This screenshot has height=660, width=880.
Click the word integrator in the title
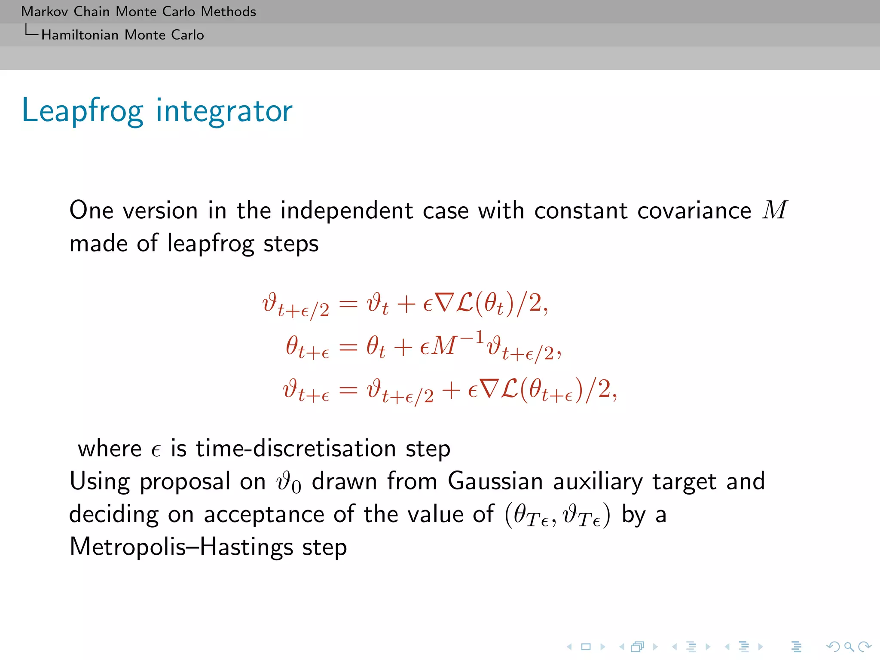224,111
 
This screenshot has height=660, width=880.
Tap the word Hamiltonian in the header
80,35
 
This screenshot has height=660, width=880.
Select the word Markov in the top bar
44,12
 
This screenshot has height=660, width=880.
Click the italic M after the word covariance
775,210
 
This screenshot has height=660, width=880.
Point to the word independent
346,211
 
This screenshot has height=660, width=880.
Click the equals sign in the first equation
348,304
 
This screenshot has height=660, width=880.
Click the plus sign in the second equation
403,347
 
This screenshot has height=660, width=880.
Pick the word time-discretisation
296,449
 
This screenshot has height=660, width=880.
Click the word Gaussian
495,481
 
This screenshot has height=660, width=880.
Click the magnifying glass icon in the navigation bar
849,646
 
